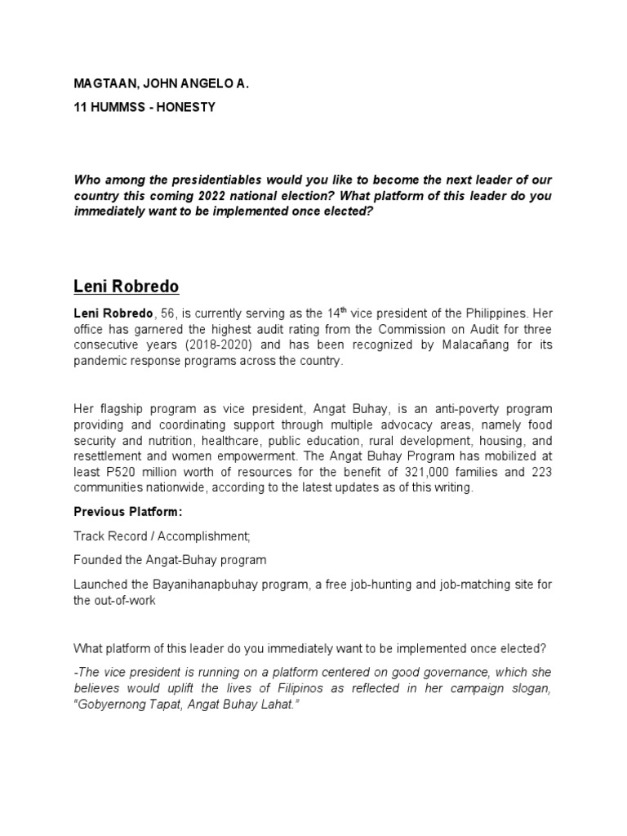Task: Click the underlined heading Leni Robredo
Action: click(127, 287)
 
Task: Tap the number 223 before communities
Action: click(540, 474)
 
